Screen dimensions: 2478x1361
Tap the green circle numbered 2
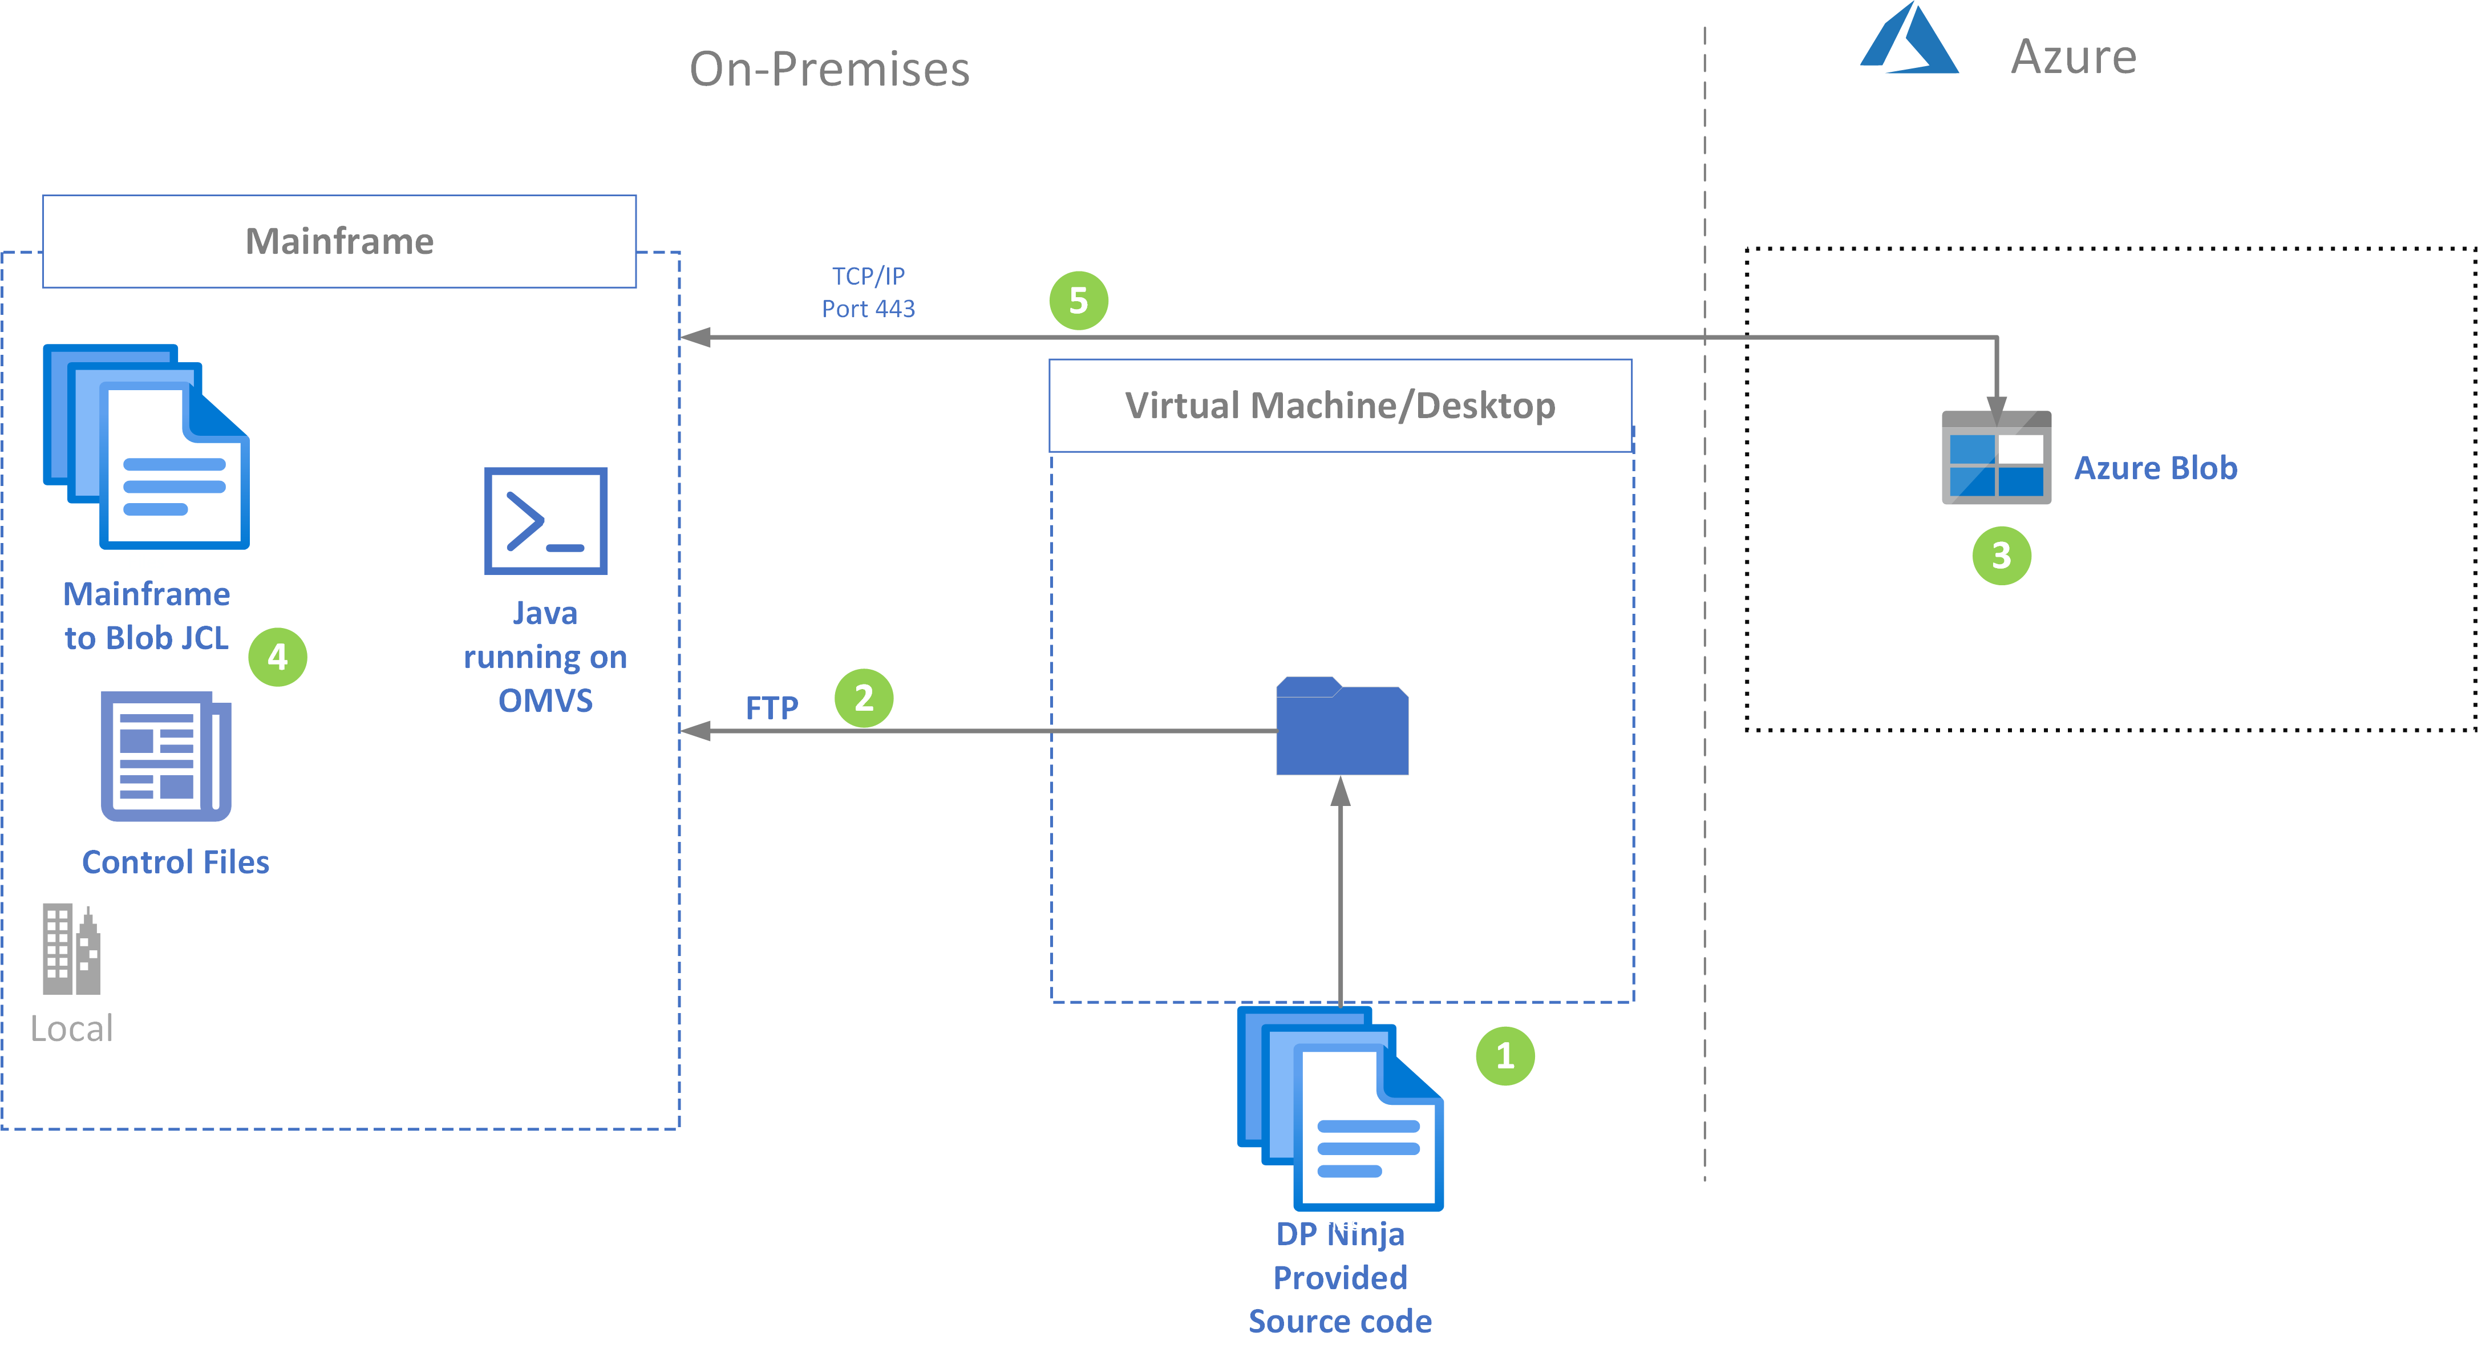pyautogui.click(x=864, y=698)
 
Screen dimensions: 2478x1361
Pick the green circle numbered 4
pyautogui.click(x=278, y=657)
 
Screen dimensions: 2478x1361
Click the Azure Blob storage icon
pyautogui.click(x=1996, y=458)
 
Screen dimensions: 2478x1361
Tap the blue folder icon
pyautogui.click(x=1342, y=726)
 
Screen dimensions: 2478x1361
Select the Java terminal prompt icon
pyautogui.click(x=545, y=520)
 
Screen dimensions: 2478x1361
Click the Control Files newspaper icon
pyautogui.click(x=167, y=756)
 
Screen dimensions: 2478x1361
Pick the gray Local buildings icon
pyautogui.click(x=71, y=949)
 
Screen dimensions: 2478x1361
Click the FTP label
pyautogui.click(x=771, y=708)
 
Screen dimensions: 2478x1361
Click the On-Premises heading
pyautogui.click(x=829, y=69)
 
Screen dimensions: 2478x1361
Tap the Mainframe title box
pyautogui.click(x=339, y=241)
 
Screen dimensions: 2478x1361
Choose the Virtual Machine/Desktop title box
pyautogui.click(x=1340, y=406)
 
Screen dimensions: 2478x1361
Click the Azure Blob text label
pyautogui.click(x=2156, y=468)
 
